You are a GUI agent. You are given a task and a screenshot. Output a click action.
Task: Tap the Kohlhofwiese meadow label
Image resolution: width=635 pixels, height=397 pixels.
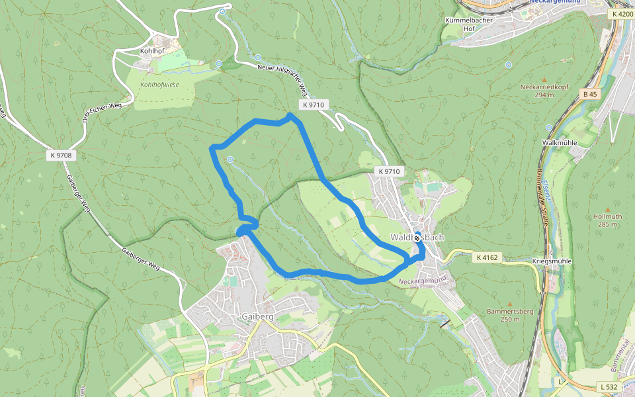click(x=159, y=85)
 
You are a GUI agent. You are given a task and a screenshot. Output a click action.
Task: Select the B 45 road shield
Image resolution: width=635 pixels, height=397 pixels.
click(x=589, y=94)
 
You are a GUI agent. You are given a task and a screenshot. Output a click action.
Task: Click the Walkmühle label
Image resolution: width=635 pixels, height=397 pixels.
click(x=560, y=142)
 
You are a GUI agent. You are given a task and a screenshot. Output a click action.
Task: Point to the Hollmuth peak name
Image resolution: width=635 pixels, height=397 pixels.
click(x=607, y=216)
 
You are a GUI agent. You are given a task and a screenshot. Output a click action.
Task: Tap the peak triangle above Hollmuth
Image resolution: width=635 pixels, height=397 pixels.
click(x=607, y=200)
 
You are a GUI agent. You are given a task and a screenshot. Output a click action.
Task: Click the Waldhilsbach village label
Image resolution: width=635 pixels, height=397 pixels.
click(x=417, y=237)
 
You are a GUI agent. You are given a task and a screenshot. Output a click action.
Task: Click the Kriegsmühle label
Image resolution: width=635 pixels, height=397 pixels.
click(x=552, y=261)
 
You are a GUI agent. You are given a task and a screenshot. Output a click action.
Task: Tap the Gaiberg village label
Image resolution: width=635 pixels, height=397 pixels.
click(x=258, y=317)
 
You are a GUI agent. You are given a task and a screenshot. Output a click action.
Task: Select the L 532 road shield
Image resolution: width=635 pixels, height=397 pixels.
click(x=609, y=386)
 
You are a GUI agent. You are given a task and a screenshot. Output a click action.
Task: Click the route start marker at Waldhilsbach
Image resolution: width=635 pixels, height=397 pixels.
click(x=417, y=238)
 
